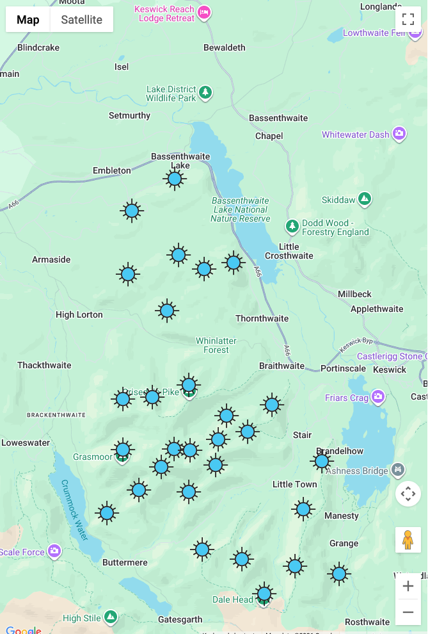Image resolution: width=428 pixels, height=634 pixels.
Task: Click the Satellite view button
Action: [81, 20]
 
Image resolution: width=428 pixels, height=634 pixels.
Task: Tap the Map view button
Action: [28, 20]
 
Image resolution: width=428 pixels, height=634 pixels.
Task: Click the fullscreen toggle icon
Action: [408, 19]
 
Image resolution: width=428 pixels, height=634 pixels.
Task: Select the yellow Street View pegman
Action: [408, 540]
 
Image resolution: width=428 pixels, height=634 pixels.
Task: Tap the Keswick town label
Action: [390, 370]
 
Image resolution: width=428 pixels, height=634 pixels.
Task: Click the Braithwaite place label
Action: [281, 366]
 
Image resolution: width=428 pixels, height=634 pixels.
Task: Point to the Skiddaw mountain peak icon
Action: [365, 199]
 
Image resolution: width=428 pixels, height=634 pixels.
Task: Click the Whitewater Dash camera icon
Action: [399, 134]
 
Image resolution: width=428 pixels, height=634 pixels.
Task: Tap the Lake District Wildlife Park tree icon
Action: [205, 93]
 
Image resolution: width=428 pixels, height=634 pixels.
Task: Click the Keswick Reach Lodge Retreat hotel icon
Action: [204, 12]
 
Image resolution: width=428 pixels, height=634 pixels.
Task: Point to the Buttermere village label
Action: [125, 562]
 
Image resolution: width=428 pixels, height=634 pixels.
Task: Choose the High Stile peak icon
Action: [111, 617]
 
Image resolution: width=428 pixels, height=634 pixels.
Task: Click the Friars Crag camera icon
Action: [378, 398]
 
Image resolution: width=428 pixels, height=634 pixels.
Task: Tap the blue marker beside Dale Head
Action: [264, 594]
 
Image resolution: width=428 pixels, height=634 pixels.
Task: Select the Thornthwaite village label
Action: [262, 318]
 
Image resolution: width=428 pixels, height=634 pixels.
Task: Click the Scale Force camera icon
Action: [54, 551]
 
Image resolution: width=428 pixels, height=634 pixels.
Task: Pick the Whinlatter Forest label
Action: [216, 345]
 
